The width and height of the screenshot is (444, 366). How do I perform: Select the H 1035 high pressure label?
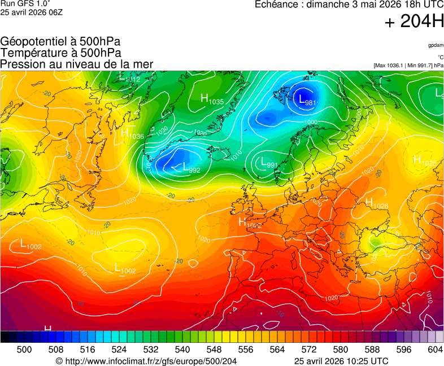click(x=212, y=99)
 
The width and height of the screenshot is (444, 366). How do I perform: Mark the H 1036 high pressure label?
click(x=132, y=134)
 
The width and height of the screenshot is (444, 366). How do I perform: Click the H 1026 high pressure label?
click(x=376, y=203)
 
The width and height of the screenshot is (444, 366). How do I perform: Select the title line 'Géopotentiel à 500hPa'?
click(x=60, y=42)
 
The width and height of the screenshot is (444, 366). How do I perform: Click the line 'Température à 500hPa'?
click(x=60, y=53)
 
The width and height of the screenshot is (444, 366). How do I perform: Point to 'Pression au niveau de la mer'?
click(x=77, y=64)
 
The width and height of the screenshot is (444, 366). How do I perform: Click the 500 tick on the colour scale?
click(x=24, y=350)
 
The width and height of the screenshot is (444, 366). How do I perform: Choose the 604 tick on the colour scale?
click(x=434, y=350)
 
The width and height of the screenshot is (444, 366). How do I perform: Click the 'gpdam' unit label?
click(x=435, y=45)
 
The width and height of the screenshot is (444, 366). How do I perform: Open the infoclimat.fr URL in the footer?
click(x=145, y=361)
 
